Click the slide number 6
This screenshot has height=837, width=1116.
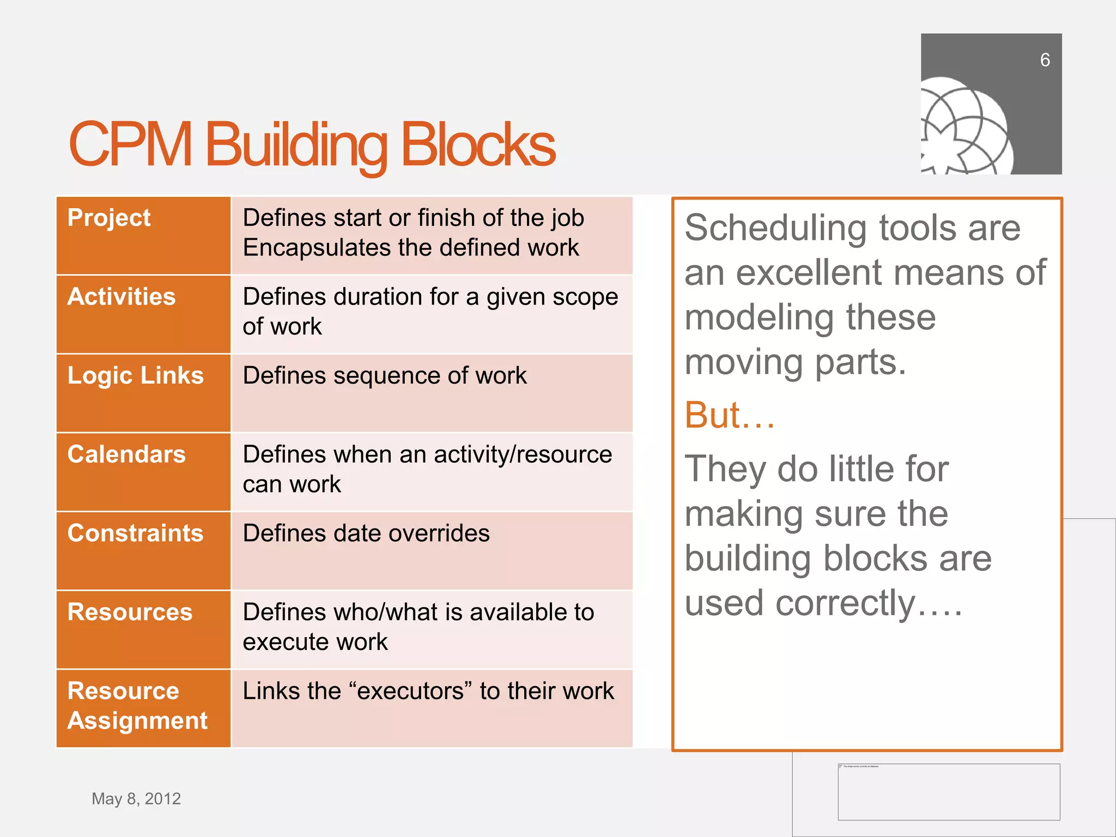[x=1044, y=60]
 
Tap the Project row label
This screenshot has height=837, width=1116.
[x=109, y=218]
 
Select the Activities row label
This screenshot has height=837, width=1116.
[x=122, y=297]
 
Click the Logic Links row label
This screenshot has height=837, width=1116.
[x=135, y=375]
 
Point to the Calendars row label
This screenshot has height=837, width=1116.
[x=126, y=454]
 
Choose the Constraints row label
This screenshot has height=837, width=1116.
[x=135, y=533]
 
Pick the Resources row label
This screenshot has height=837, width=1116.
[x=130, y=612]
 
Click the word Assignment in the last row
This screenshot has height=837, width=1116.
[x=137, y=721]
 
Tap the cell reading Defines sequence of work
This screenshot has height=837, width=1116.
[x=385, y=376]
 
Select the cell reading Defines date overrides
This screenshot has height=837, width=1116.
[x=366, y=533]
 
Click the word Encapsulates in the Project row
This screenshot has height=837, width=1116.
[x=317, y=248]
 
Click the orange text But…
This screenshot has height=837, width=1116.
[x=729, y=415]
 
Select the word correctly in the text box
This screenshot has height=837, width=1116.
[x=845, y=603]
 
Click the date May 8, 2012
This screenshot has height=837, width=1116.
[x=136, y=799]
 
